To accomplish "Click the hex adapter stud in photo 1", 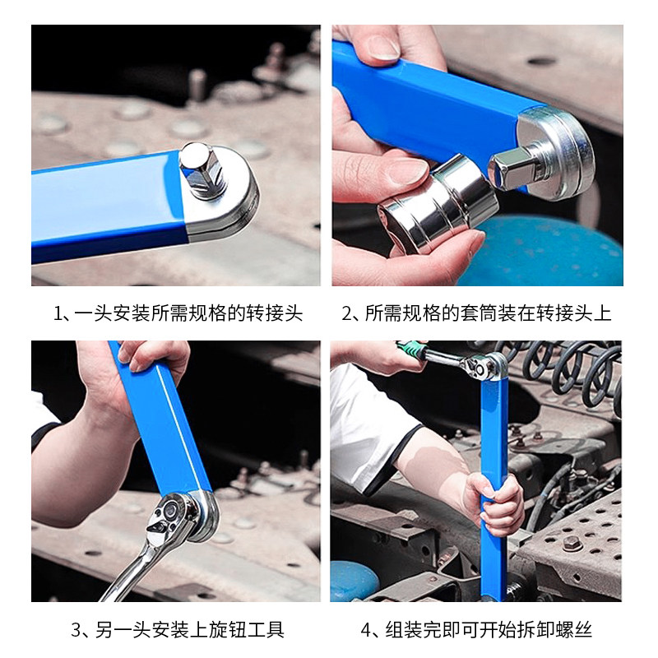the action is click(201, 170).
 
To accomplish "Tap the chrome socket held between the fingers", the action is click(438, 204).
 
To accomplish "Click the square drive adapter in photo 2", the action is click(512, 170).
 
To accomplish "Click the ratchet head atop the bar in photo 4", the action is click(483, 365).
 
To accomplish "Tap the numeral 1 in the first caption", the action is click(58, 314).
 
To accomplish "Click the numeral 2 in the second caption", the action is click(346, 314).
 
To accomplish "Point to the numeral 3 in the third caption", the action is click(76, 630).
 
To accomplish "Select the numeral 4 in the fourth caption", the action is click(366, 630).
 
